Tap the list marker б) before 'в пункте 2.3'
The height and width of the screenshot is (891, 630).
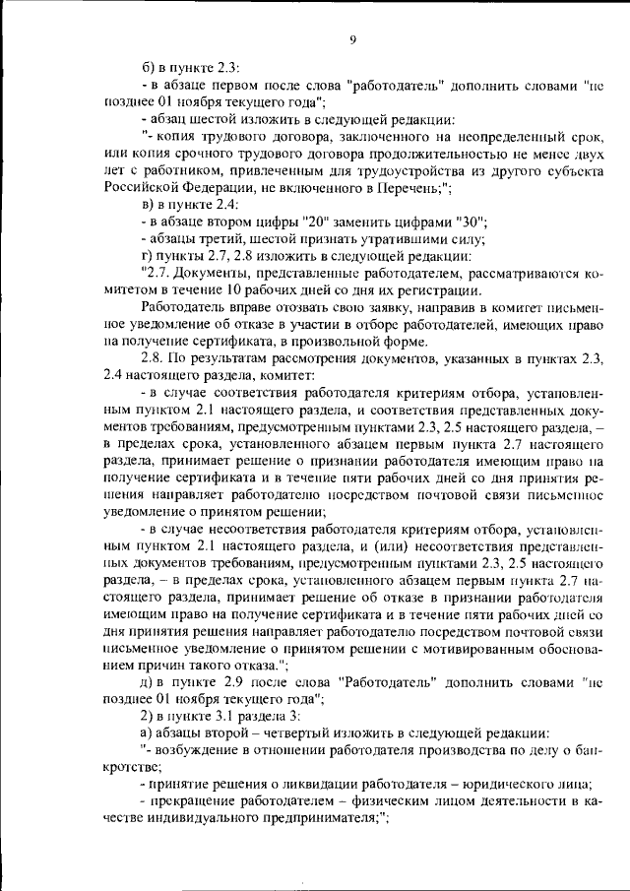(x=149, y=67)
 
